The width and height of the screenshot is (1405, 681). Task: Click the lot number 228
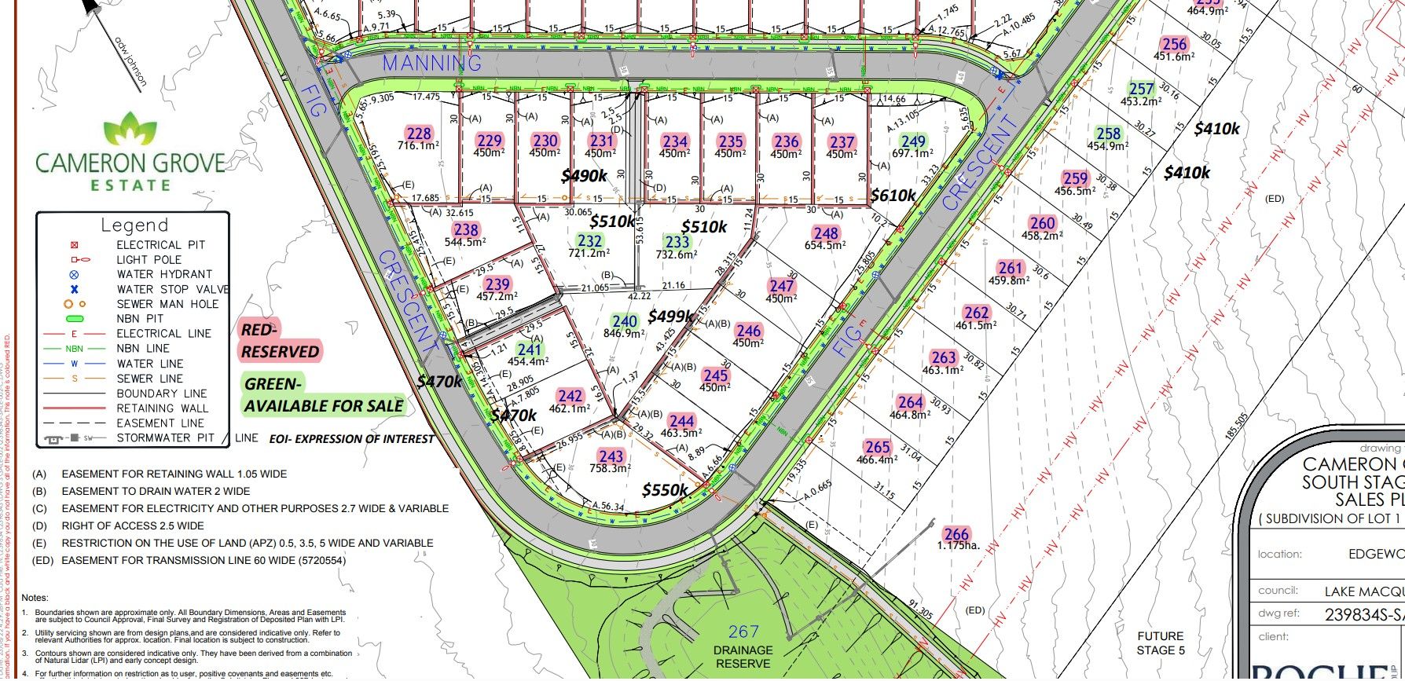[419, 134]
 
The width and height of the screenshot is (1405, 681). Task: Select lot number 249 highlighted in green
[913, 142]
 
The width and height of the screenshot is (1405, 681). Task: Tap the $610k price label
[893, 196]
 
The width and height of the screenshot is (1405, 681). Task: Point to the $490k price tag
[584, 176]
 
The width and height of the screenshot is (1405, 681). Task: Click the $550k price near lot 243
[665, 491]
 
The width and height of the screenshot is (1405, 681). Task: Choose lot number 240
[625, 321]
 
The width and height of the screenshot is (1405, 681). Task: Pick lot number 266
[956, 534]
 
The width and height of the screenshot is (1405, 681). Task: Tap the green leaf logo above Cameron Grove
[130, 128]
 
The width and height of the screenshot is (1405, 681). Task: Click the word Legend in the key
[134, 225]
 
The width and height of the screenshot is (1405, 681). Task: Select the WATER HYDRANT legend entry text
[164, 274]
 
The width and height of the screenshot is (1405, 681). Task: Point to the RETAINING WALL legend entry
[163, 408]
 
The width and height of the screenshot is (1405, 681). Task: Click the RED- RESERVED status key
[280, 341]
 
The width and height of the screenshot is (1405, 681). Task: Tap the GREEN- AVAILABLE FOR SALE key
[323, 395]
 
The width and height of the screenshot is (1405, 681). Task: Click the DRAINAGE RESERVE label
[743, 657]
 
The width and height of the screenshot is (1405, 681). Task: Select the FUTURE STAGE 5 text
[1160, 643]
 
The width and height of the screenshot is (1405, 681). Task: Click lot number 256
[1174, 45]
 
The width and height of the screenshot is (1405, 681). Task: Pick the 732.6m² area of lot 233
[677, 254]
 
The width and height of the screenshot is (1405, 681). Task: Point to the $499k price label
[670, 317]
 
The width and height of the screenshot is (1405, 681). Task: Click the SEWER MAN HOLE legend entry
[167, 304]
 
